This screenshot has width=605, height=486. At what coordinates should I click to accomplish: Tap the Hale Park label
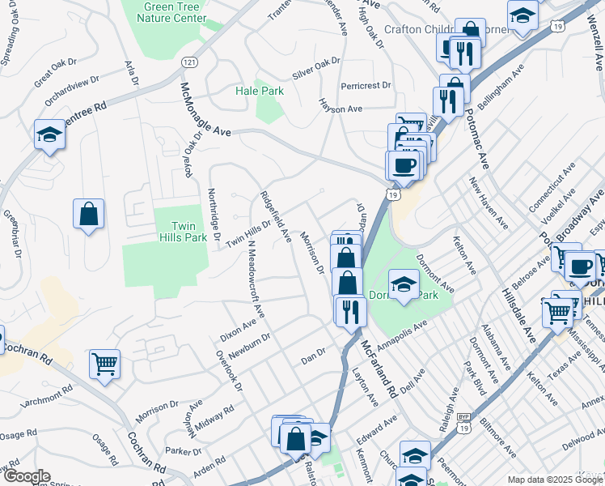click(260, 92)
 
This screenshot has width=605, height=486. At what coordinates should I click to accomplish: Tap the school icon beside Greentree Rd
click(49, 134)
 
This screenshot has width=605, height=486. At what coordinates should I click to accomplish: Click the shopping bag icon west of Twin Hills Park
click(89, 215)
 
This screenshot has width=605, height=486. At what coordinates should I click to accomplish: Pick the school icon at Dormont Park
click(404, 285)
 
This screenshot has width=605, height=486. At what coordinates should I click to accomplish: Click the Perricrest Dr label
click(366, 85)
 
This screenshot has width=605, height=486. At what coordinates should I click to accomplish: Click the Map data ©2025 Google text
click(554, 479)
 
